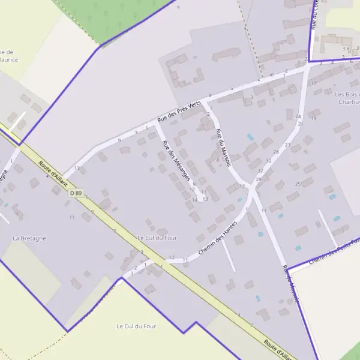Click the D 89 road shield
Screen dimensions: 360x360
click(x=75, y=193)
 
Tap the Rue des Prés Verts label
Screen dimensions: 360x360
click(x=179, y=112)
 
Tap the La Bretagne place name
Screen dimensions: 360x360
click(x=29, y=238)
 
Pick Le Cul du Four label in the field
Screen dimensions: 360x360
click(x=136, y=326)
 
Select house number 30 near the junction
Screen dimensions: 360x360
click(x=268, y=161)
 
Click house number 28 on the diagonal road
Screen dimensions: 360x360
click(x=276, y=152)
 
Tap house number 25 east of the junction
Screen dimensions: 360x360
click(x=298, y=184)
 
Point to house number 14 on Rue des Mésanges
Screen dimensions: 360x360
click(x=194, y=199)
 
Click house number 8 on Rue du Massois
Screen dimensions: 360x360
click(x=218, y=160)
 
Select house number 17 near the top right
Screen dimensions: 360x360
click(x=313, y=83)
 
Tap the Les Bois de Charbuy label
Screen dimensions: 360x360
click(x=347, y=98)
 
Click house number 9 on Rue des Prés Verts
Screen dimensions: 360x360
click(x=120, y=140)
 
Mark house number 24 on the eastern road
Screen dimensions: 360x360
click(x=298, y=116)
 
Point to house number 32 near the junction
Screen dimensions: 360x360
click(x=260, y=170)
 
